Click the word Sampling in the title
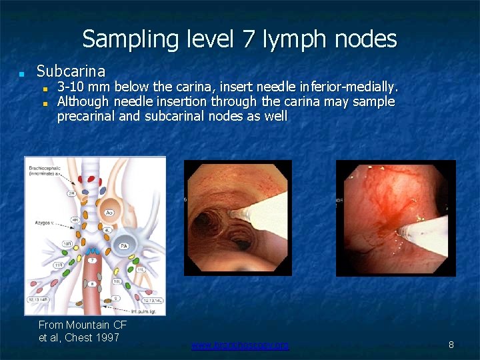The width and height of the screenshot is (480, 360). tap(121, 39)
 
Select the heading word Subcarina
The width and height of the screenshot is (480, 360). tap(71, 71)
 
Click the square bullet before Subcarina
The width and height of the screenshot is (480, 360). tap(22, 72)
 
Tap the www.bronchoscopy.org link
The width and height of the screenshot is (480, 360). tap(240, 345)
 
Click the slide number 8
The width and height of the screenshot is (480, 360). tap(451, 345)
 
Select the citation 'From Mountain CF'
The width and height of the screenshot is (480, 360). tap(83, 325)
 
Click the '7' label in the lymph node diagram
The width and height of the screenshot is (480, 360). tap(92, 259)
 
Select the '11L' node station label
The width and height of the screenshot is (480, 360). tap(141, 270)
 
